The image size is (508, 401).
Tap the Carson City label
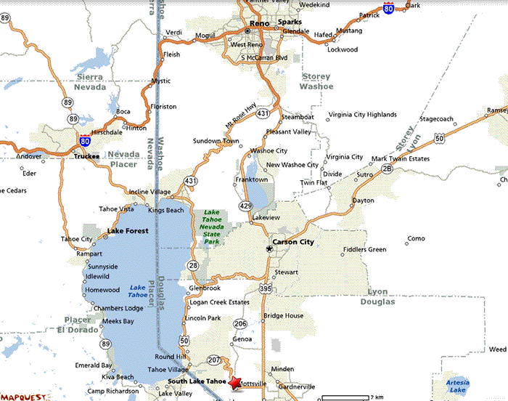click(292, 242)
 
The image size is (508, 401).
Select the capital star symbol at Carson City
click(269, 249)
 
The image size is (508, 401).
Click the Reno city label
click(259, 23)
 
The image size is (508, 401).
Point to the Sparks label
click(289, 23)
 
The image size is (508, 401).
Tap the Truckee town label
click(86, 156)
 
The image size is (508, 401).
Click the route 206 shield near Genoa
click(241, 323)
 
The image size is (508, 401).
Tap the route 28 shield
click(194, 267)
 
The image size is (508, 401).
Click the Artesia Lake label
click(457, 386)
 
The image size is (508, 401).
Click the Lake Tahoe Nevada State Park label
click(212, 222)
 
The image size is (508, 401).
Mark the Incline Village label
click(150, 192)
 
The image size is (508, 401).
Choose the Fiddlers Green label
click(364, 250)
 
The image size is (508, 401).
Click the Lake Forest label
click(128, 231)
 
